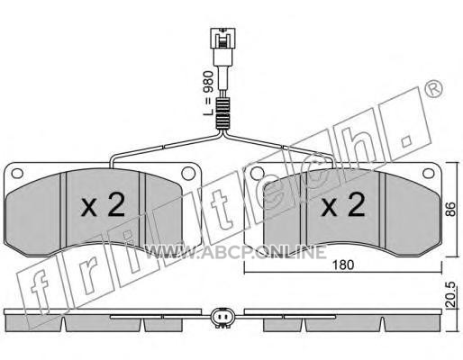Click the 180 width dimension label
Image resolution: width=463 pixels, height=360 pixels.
click(x=343, y=265)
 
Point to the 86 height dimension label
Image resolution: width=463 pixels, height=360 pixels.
click(x=450, y=210)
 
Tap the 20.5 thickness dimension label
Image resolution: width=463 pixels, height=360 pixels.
click(x=450, y=294)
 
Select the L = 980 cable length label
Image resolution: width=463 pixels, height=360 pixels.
click(x=209, y=94)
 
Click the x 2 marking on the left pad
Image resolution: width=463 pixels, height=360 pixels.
click(x=103, y=204)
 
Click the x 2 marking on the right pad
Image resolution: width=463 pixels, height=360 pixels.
click(x=343, y=204)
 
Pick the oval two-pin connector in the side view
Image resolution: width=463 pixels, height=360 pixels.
click(x=222, y=317)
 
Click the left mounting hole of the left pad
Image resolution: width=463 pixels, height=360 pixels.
click(x=17, y=174)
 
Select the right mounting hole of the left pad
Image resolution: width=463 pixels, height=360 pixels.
click(x=188, y=174)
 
